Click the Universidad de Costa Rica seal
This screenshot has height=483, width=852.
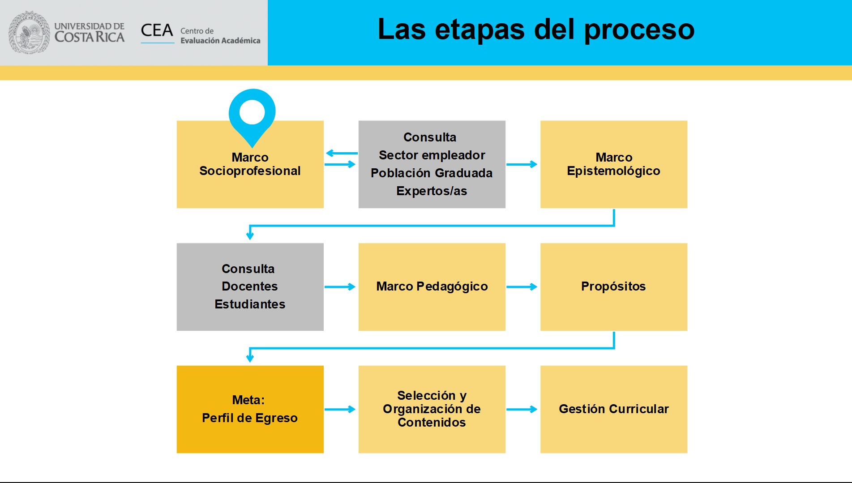coord(30,32)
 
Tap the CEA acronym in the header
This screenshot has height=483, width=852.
coord(157,30)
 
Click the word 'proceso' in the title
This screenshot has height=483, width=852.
coord(639,30)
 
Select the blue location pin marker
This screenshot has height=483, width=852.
coord(252,118)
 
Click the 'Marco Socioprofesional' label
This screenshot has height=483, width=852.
coord(250,164)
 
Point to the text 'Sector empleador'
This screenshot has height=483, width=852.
coord(432,155)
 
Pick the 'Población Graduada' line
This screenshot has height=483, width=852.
coord(432,173)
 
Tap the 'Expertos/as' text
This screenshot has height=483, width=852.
coord(432,191)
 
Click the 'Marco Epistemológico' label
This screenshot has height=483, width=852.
coord(613,164)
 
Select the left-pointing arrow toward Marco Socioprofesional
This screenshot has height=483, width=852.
coord(342,153)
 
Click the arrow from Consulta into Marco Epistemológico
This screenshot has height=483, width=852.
coord(522,164)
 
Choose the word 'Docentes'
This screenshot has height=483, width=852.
coord(250,286)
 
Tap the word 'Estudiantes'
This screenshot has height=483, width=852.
coord(250,304)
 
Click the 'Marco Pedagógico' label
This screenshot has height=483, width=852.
coord(432,286)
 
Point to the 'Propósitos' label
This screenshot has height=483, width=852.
coord(613,286)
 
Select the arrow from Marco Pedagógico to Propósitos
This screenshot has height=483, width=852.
coord(522,286)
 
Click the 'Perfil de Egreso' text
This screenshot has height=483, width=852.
coord(250,418)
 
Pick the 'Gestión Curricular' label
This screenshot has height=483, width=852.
coord(614,409)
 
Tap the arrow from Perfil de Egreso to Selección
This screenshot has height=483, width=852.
coord(340,409)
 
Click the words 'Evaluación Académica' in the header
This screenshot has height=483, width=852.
coord(220,41)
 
